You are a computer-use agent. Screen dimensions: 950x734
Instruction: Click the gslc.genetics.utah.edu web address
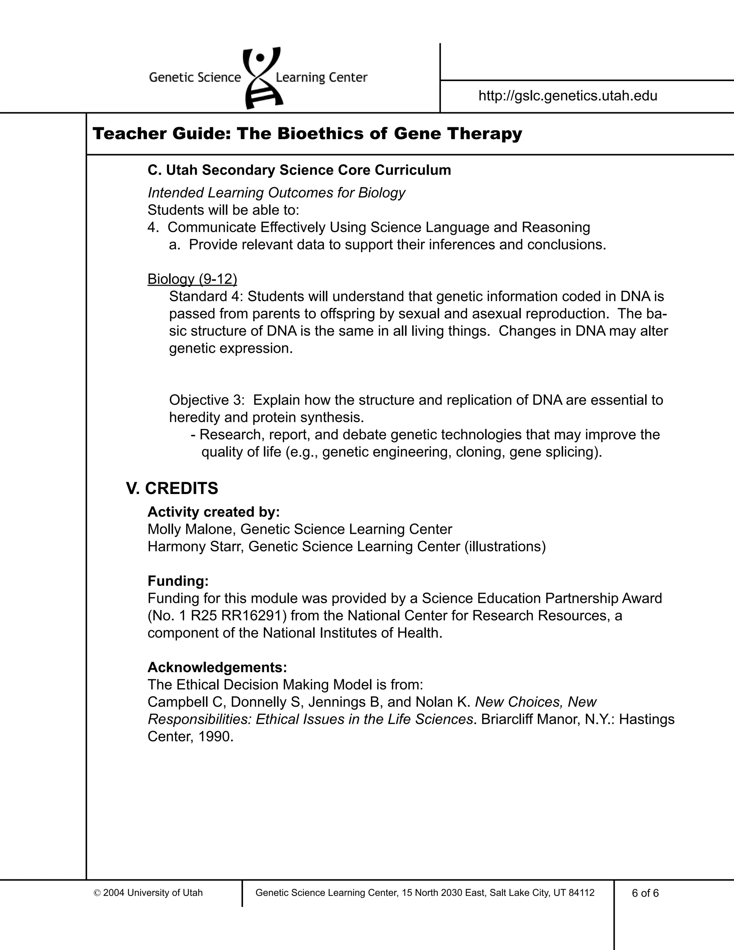[x=568, y=96]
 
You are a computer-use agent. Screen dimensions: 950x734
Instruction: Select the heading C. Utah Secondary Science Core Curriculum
[x=299, y=170]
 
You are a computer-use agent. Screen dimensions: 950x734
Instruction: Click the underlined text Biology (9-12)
[x=192, y=279]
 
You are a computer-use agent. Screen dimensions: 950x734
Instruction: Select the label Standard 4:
[x=206, y=297]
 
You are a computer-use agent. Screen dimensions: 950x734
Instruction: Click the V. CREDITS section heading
[x=172, y=489]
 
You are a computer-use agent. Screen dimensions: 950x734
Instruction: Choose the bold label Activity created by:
[x=214, y=512]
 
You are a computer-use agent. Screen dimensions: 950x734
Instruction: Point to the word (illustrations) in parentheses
[x=504, y=547]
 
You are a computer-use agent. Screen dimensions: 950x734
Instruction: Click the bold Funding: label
[x=178, y=581]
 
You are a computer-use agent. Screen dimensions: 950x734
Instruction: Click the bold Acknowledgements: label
[x=217, y=667]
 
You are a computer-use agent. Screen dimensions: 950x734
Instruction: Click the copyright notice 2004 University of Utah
[x=148, y=893]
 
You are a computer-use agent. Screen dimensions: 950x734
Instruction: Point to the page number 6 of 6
[x=645, y=893]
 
